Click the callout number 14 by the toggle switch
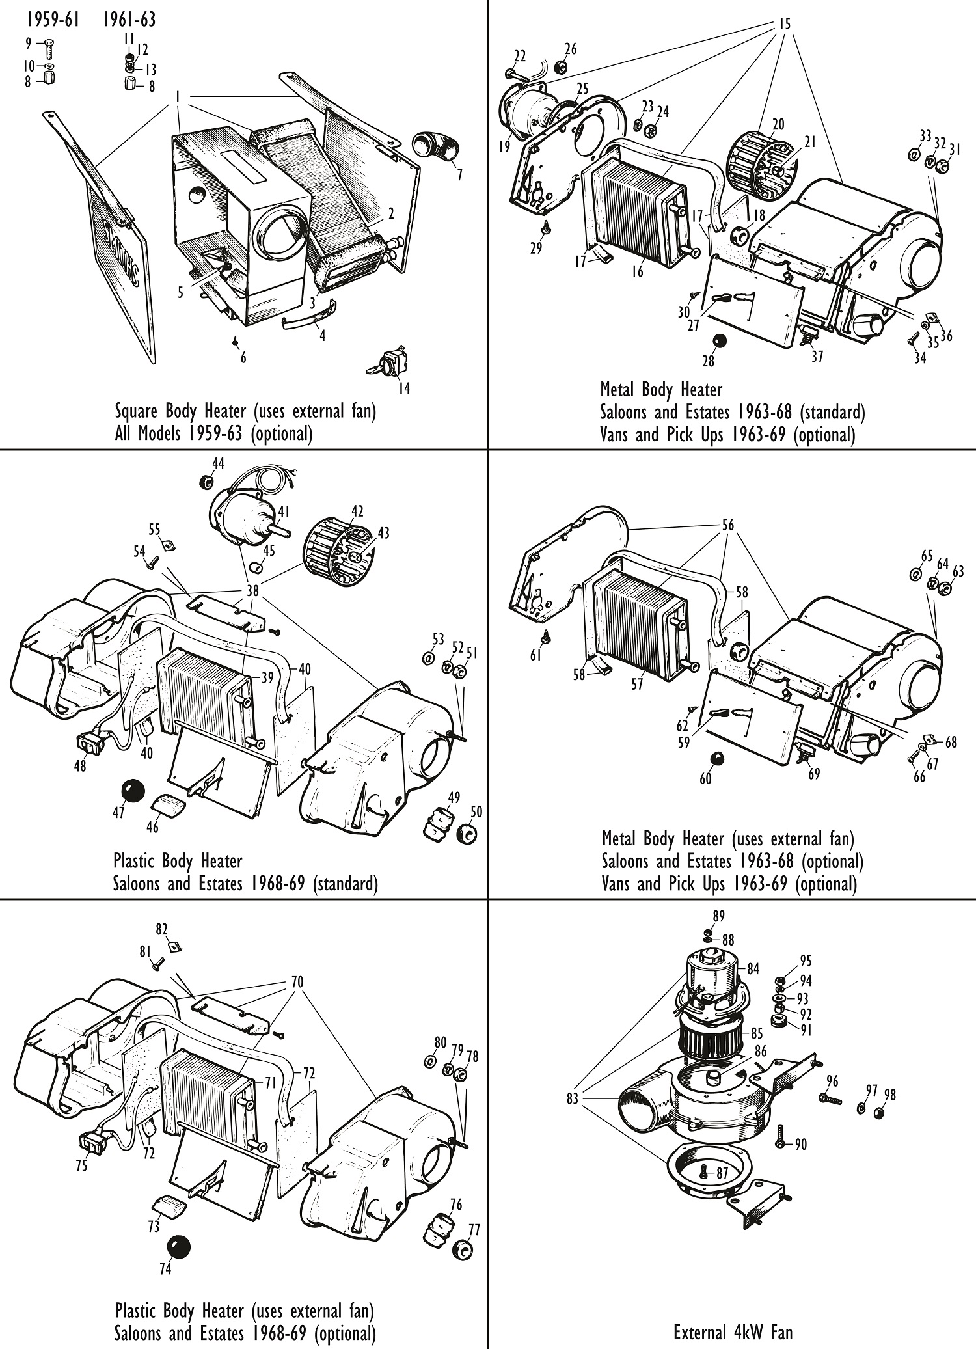[x=403, y=388]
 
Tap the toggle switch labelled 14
[x=390, y=362]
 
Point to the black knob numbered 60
[x=716, y=759]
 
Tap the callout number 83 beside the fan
[x=573, y=1099]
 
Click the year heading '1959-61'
[x=53, y=20]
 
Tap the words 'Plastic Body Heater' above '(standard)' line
[x=178, y=861]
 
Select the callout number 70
[x=297, y=981]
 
